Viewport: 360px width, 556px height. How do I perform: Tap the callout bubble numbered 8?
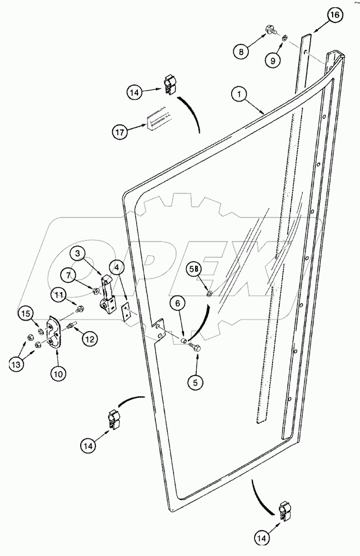[242, 51]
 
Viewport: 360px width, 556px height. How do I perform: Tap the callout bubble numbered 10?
[58, 372]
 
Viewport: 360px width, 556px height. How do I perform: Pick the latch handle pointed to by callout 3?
[106, 291]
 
